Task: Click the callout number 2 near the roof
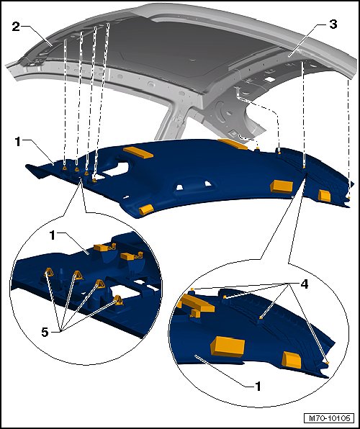click(16, 27)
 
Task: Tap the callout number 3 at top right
click(333, 24)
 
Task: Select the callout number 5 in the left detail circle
click(45, 333)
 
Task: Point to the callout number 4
click(305, 284)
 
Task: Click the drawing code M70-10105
click(329, 418)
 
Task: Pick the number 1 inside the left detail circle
click(53, 235)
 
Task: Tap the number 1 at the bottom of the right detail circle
click(258, 387)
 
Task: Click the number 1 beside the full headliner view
click(18, 142)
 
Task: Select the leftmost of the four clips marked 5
click(49, 273)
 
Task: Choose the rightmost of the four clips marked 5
click(118, 300)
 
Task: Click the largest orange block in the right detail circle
click(228, 347)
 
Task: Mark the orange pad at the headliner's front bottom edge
click(146, 209)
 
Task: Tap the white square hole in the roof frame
click(270, 79)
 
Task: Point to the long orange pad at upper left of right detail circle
click(196, 304)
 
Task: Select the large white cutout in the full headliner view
click(116, 170)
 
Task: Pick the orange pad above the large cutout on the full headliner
click(138, 153)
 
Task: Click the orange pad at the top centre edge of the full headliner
click(233, 144)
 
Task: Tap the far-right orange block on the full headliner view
click(325, 195)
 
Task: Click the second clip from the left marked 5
click(78, 275)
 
